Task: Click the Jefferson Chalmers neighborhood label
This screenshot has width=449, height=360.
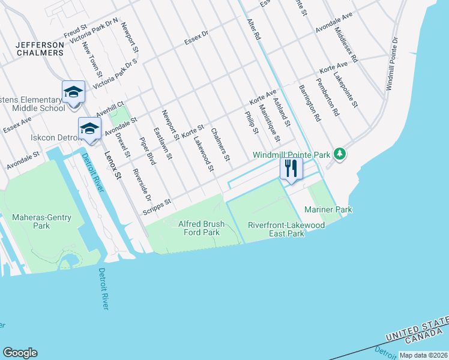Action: tap(40, 49)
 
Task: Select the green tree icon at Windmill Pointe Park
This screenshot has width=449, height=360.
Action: tap(340, 155)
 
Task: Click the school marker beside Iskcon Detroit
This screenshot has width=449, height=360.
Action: tap(89, 129)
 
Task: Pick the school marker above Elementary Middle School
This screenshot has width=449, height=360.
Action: tap(73, 92)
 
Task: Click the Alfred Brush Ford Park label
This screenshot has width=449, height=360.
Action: tap(202, 228)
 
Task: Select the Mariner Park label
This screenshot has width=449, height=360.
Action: tap(328, 209)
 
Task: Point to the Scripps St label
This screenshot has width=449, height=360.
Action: tap(158, 206)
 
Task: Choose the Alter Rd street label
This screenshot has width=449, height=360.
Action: tap(254, 28)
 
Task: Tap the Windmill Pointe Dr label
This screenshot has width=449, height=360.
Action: tap(391, 64)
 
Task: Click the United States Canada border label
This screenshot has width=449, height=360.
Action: tap(417, 332)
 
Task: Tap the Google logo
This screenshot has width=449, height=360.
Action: tap(20, 353)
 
